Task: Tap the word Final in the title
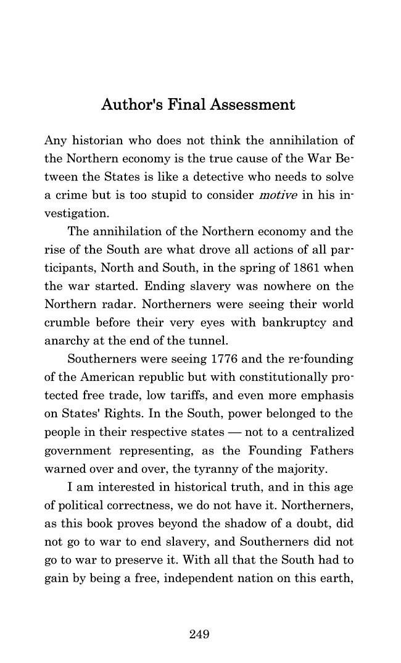click(184, 105)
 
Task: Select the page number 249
click(200, 635)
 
